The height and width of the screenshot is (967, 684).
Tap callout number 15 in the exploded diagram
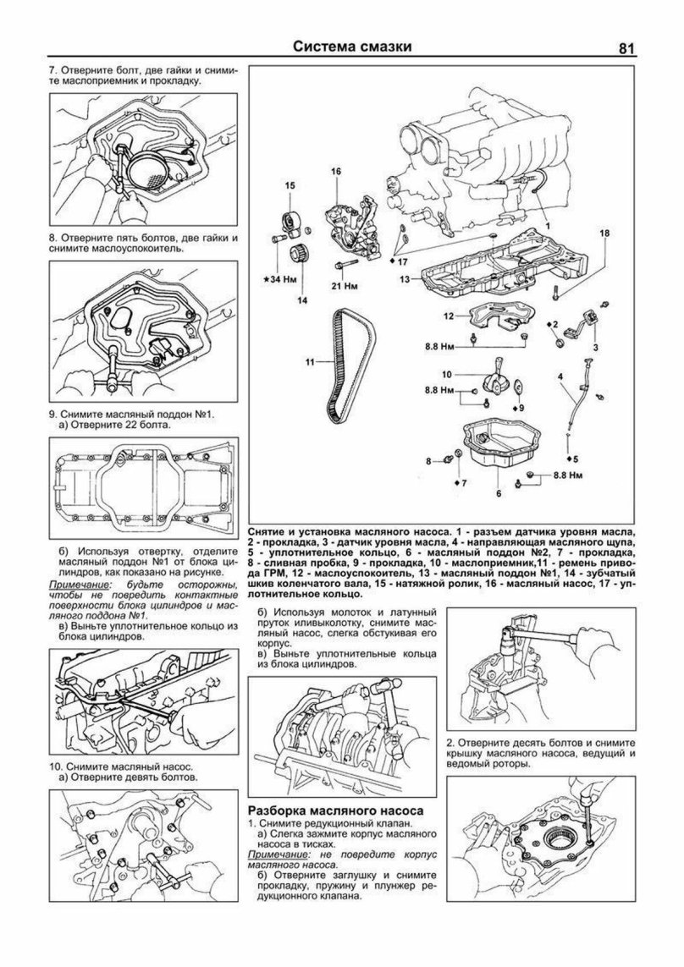[x=290, y=185]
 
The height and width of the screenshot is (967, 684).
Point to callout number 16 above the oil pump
[x=336, y=173]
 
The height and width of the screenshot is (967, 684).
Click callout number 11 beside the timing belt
[x=311, y=362]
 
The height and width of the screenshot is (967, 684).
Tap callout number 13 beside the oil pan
[x=405, y=278]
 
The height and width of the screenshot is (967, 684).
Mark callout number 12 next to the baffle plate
[x=448, y=316]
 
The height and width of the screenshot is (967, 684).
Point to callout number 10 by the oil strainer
[x=446, y=373]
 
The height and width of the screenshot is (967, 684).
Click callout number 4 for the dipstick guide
[x=560, y=375]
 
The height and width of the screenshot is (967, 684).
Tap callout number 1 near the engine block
[x=548, y=226]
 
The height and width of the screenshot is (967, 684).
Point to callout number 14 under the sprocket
[x=301, y=299]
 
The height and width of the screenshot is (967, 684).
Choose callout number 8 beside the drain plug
[x=430, y=460]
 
